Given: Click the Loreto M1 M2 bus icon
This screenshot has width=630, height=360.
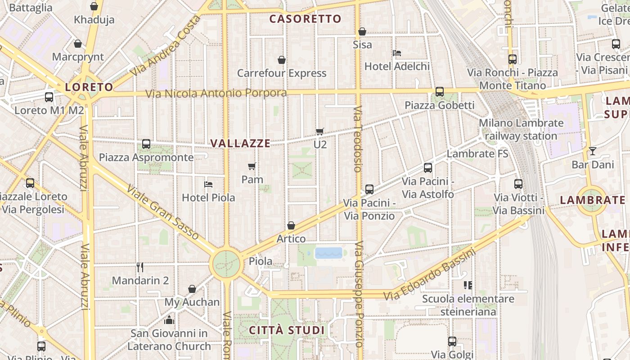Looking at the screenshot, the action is pos(49,97).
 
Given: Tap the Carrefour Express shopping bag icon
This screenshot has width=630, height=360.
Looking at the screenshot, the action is pos(282,60).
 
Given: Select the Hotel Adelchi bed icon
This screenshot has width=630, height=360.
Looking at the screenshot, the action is pos(397,53).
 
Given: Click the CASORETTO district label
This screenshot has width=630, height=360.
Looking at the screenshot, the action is pos(306,19).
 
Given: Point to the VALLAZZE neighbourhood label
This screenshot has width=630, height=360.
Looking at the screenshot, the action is pos(241,143).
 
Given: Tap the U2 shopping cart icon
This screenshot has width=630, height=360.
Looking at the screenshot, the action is pos(320,131).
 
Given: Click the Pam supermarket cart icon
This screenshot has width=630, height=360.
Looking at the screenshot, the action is pos(252,166).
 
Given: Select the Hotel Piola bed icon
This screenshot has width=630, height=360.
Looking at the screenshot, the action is pos(208,184).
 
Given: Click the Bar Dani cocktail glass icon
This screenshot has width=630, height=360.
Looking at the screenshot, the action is pos(593,151).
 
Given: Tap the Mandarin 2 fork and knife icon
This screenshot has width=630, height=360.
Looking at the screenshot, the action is pos(140,267).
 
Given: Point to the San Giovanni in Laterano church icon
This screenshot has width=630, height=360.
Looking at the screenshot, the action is pos(169,320).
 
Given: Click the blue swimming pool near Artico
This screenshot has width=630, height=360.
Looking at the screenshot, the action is pos(329,253).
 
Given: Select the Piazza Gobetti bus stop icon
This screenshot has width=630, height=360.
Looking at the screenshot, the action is pos(440,92).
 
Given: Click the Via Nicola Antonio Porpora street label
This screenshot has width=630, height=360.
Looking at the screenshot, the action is pos(216,94).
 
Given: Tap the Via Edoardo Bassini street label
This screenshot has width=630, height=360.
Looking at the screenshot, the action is pos(430,275).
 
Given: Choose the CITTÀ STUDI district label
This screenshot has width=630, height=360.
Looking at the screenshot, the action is pos(287,330).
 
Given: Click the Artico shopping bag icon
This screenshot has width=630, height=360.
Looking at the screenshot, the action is pos(291,225).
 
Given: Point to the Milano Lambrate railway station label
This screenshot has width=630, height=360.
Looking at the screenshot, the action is pos(521,129).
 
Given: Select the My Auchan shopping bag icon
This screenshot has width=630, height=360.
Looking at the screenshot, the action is pos(192,289).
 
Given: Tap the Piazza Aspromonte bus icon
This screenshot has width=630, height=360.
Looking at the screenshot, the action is pos(146,144).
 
